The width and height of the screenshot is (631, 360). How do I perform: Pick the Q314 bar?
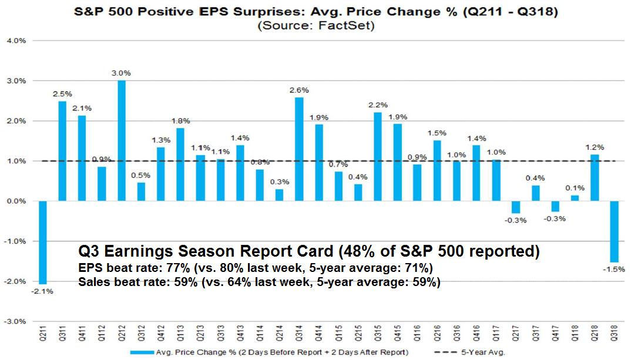tap(299, 149)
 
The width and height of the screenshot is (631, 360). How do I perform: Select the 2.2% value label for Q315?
tap(378, 105)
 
